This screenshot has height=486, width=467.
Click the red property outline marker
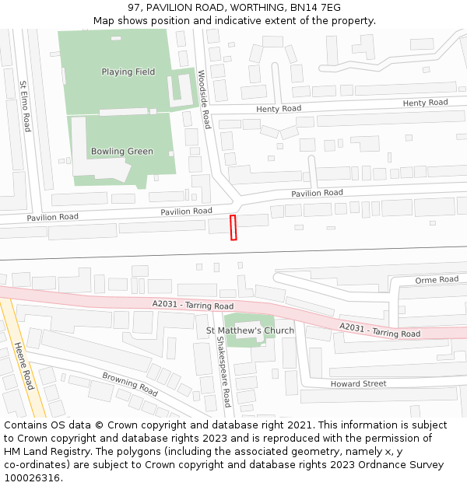click(x=233, y=228)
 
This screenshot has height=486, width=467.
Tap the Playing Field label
click(x=128, y=72)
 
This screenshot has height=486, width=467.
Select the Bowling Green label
click(x=122, y=152)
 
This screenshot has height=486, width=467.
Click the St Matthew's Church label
click(x=250, y=330)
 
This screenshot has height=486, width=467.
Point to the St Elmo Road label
click(x=26, y=106)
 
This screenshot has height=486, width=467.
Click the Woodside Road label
click(x=204, y=99)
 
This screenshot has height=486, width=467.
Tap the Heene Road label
click(x=24, y=368)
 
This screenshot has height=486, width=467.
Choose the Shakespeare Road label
click(x=223, y=372)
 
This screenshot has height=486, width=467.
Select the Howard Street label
click(x=358, y=384)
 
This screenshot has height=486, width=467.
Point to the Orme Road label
click(x=437, y=280)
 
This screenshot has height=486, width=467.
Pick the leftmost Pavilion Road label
click(x=53, y=217)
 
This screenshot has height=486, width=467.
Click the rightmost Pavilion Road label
click(x=317, y=193)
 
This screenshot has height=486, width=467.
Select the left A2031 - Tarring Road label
click(x=193, y=306)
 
